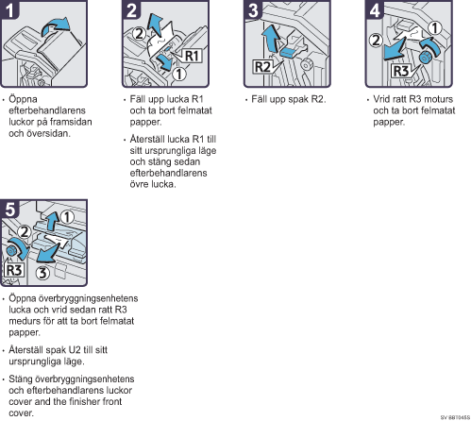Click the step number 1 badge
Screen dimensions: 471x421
point(9,9)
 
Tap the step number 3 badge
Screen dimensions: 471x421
point(253,9)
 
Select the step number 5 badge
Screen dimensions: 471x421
point(9,209)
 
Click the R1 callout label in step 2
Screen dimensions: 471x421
point(192,56)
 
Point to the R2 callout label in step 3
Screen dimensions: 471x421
point(262,67)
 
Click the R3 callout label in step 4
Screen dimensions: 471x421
point(401,71)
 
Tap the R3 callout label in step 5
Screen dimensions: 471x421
point(14,270)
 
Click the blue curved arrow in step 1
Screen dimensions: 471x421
point(55,26)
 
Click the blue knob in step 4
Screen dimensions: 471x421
point(426,58)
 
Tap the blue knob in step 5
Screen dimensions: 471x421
point(12,251)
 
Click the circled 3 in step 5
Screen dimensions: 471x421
point(42,273)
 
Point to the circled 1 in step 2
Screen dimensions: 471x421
point(179,75)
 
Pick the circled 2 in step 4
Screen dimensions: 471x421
point(376,41)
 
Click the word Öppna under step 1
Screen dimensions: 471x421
point(23,99)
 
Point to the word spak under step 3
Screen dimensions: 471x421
point(298,100)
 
